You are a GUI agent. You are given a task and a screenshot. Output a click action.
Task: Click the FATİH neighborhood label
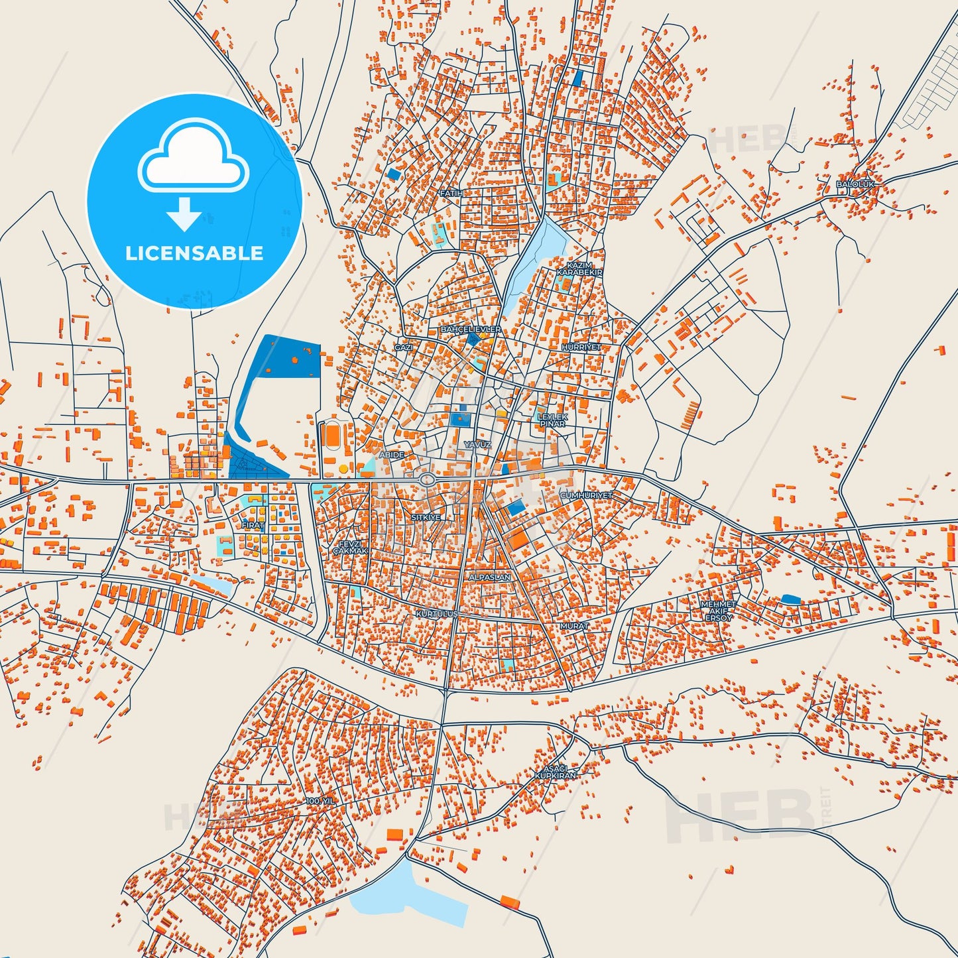pos(451,193)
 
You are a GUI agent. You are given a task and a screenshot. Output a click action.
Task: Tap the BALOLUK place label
pos(855,184)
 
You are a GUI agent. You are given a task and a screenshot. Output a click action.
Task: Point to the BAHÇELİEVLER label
pos(471,329)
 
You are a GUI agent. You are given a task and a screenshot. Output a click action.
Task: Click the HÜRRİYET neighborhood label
pos(581,347)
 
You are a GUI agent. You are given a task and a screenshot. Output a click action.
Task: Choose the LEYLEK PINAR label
pos(552,420)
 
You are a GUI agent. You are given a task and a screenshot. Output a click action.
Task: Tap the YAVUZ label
pos(477,444)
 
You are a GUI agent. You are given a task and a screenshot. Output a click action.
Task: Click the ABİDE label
pos(390,455)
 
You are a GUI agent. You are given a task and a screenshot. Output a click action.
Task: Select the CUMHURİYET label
pos(586,495)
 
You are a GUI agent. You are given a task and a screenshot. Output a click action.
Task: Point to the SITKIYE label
pos(426,517)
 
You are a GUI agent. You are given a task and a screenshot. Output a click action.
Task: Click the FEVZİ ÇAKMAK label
pos(349,547)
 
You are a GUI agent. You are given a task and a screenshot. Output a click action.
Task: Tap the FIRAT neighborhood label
pos(253,524)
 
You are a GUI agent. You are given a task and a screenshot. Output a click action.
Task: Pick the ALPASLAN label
pos(490,577)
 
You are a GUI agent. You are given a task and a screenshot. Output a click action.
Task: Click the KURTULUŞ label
pos(436,614)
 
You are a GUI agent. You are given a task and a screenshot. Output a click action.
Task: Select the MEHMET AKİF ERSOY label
pos(718,611)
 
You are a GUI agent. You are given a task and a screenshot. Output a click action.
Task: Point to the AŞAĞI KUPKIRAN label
pos(556,772)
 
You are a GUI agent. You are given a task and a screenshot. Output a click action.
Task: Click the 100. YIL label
pos(321,801)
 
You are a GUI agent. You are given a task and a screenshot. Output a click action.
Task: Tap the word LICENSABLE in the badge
pos(194,253)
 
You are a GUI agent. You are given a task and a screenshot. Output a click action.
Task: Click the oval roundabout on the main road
pos(428,479)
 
